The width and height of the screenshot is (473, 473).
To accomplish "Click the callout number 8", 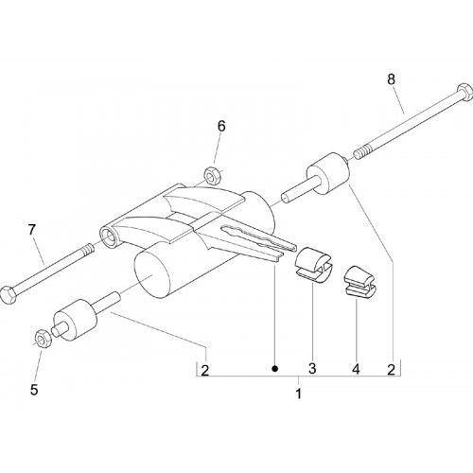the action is [x=391, y=79].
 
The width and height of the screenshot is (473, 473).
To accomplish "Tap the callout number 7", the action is [x=32, y=230].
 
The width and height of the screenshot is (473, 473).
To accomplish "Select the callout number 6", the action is [x=221, y=127].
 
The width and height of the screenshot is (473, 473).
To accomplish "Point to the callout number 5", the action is [x=34, y=390].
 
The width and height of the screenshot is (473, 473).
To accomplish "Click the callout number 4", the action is [x=356, y=369].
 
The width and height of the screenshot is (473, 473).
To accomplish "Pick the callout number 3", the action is [x=312, y=368].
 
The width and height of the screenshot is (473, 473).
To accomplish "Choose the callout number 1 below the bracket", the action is [x=298, y=394].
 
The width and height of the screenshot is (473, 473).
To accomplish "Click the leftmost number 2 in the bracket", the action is [x=205, y=370].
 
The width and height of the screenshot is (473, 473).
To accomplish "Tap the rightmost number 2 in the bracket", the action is [x=391, y=370].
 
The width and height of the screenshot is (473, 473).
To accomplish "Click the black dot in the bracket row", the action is [x=275, y=368].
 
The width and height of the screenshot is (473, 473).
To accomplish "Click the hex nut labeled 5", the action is [x=42, y=338].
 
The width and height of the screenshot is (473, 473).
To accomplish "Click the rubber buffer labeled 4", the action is [x=359, y=282].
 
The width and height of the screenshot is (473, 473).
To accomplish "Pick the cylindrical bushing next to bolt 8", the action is [x=328, y=173].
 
